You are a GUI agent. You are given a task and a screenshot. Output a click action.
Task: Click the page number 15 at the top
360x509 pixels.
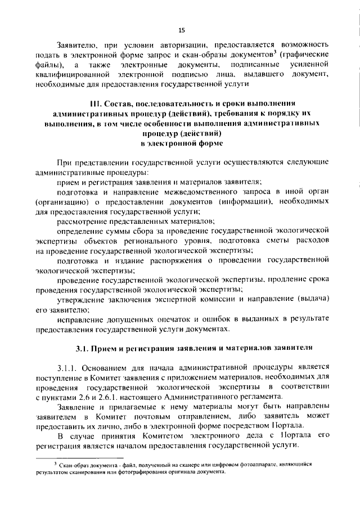click(x=181, y=30)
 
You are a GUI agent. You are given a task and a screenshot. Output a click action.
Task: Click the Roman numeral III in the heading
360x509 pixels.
click(x=96, y=104)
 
